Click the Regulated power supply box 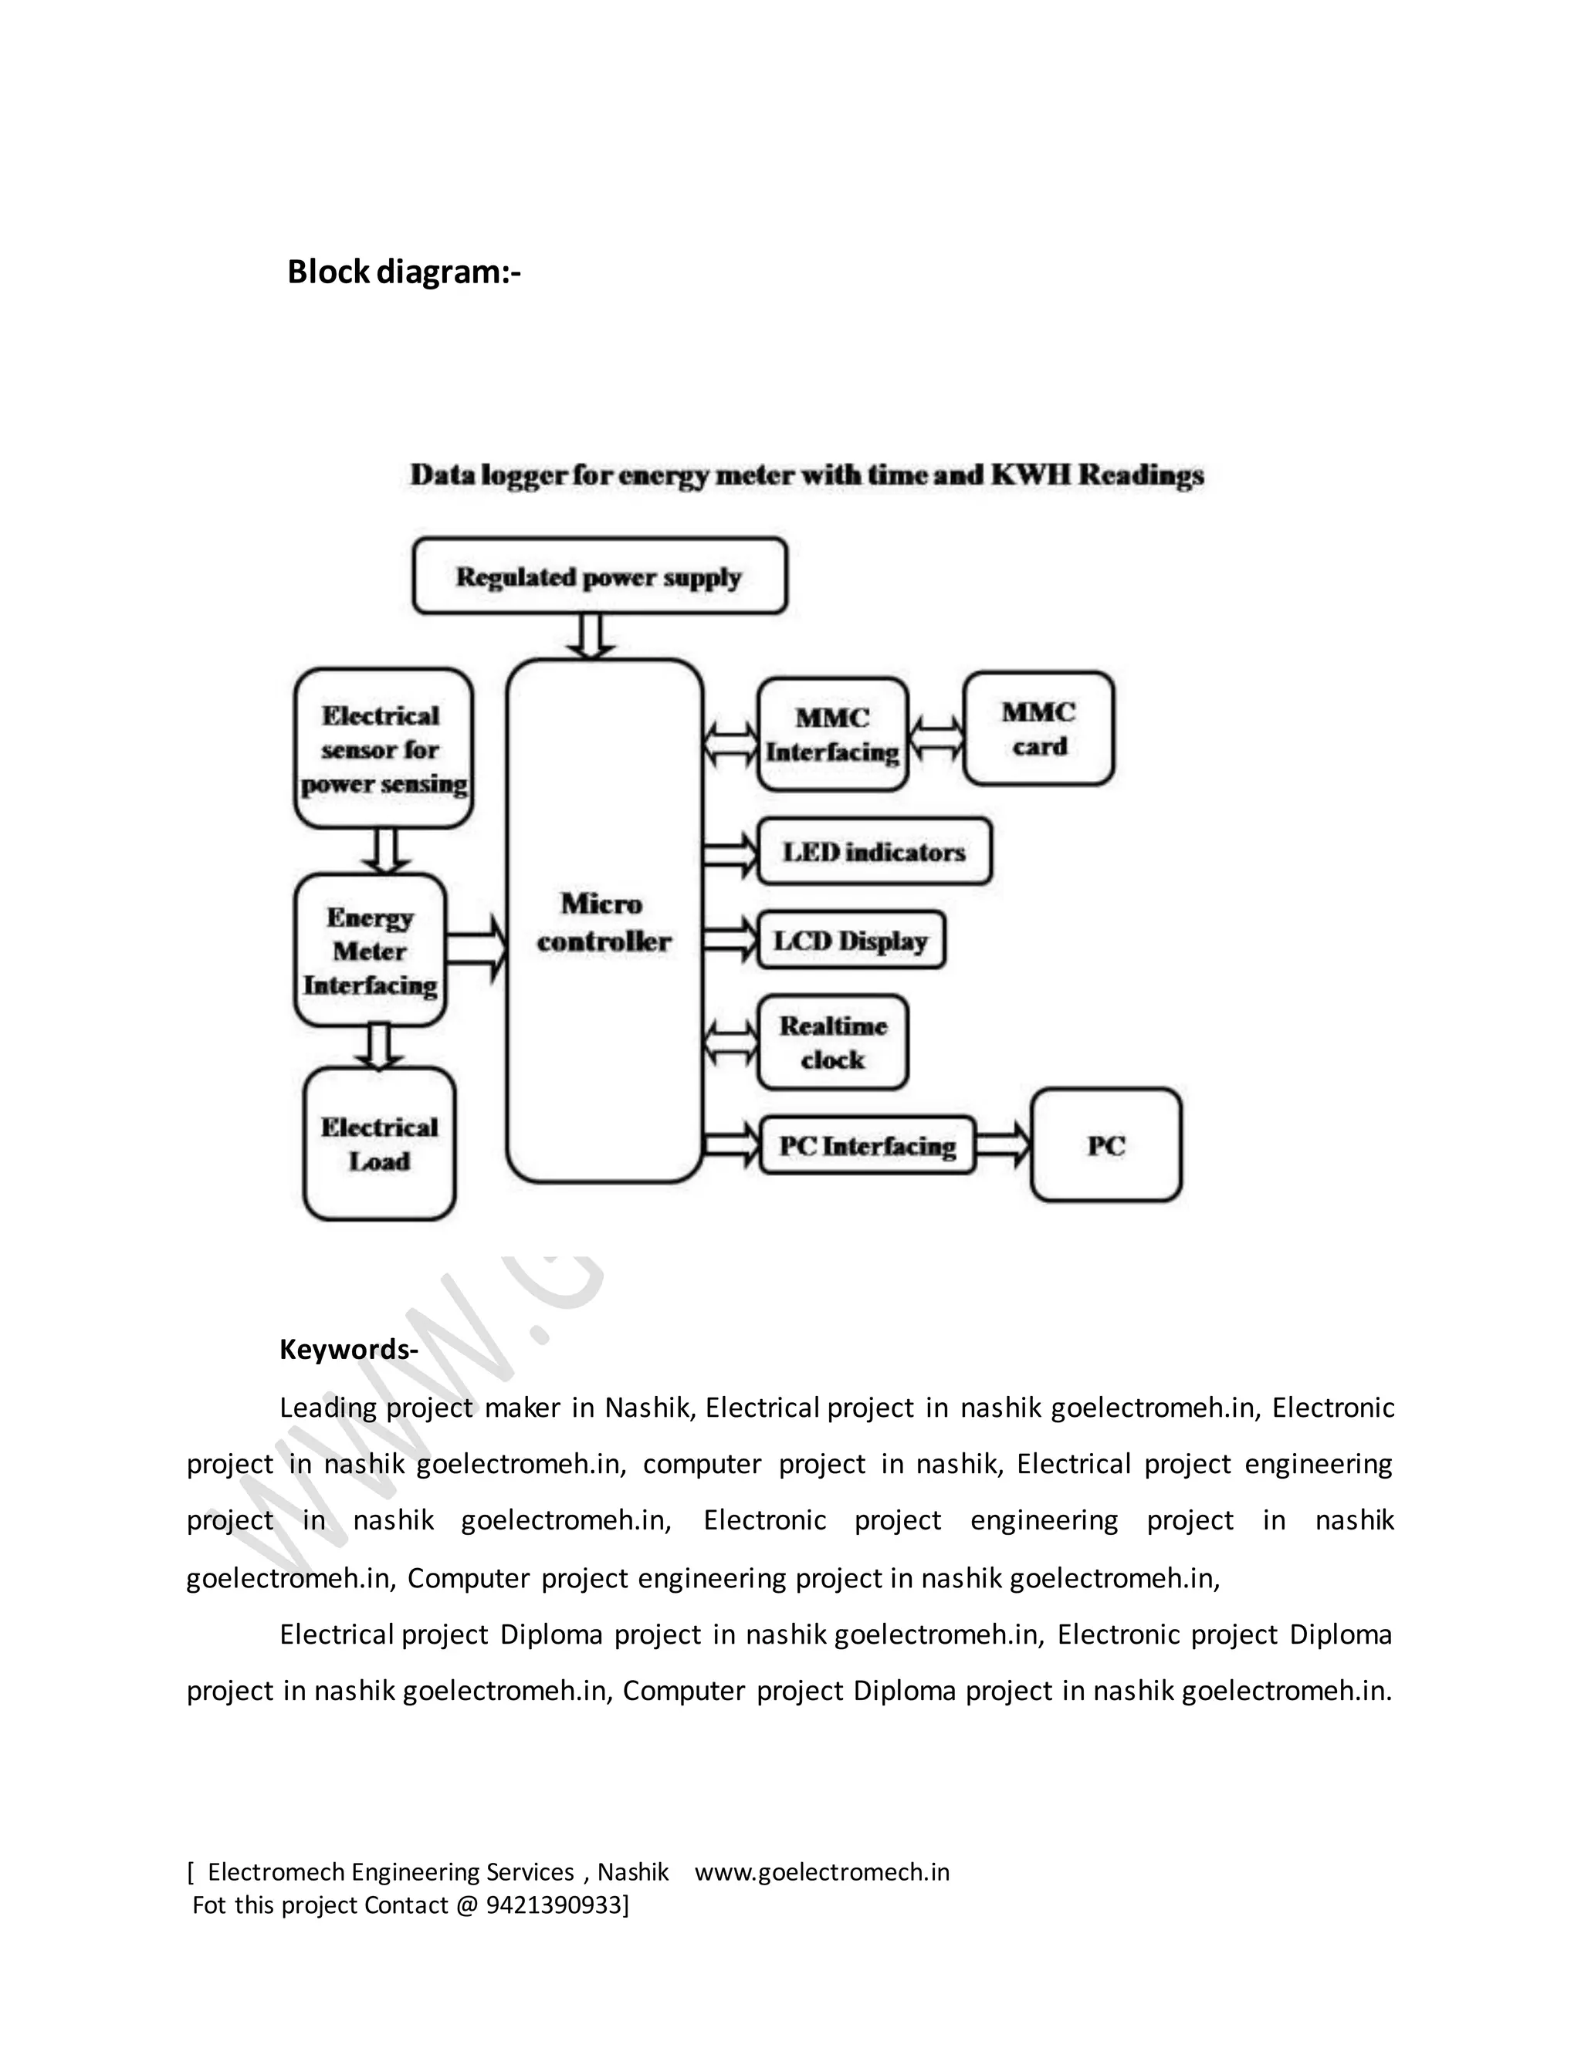(599, 576)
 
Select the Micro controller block (604, 922)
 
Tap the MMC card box (1039, 728)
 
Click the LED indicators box (874, 852)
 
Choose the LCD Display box (851, 940)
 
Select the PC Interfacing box (867, 1145)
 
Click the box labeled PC (1106, 1145)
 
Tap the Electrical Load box (379, 1144)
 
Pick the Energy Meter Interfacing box (370, 951)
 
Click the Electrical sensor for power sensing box (383, 749)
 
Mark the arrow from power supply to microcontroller (591, 637)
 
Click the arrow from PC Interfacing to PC (1003, 1145)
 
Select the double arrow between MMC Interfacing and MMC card (936, 737)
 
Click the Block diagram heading (404, 272)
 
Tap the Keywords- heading (348, 1349)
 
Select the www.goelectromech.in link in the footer (821, 1872)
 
